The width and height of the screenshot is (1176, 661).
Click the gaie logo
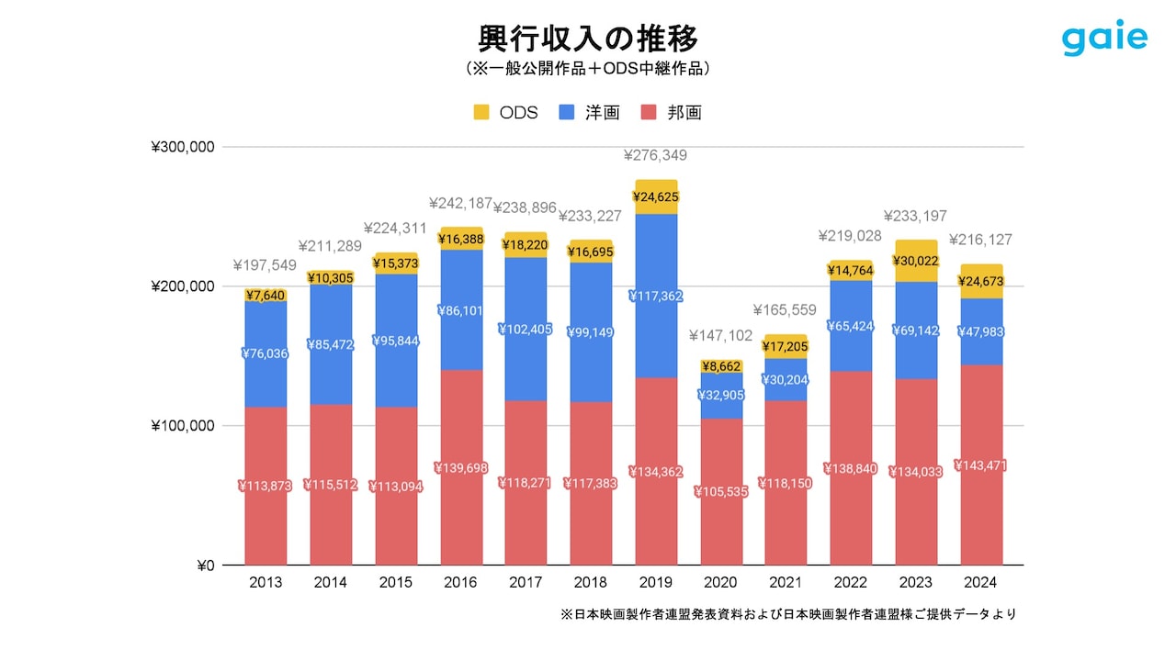click(x=1104, y=39)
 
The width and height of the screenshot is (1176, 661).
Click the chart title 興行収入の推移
click(x=588, y=39)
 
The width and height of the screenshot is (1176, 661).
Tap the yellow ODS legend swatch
click(x=481, y=112)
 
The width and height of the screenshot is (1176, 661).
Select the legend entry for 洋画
click(x=590, y=112)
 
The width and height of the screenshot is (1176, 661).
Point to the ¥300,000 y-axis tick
click(x=183, y=147)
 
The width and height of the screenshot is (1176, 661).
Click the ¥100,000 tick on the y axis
click(x=183, y=426)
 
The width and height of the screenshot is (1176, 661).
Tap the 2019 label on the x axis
click(x=656, y=583)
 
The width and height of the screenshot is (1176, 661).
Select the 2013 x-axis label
click(x=266, y=583)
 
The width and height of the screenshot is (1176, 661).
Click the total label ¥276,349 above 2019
click(x=655, y=155)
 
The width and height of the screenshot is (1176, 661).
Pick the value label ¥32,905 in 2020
click(x=721, y=395)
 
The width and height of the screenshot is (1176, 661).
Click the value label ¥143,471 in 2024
click(x=980, y=465)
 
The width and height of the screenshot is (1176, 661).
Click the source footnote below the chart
click(x=787, y=614)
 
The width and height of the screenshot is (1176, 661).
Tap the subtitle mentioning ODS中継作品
click(x=588, y=69)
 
